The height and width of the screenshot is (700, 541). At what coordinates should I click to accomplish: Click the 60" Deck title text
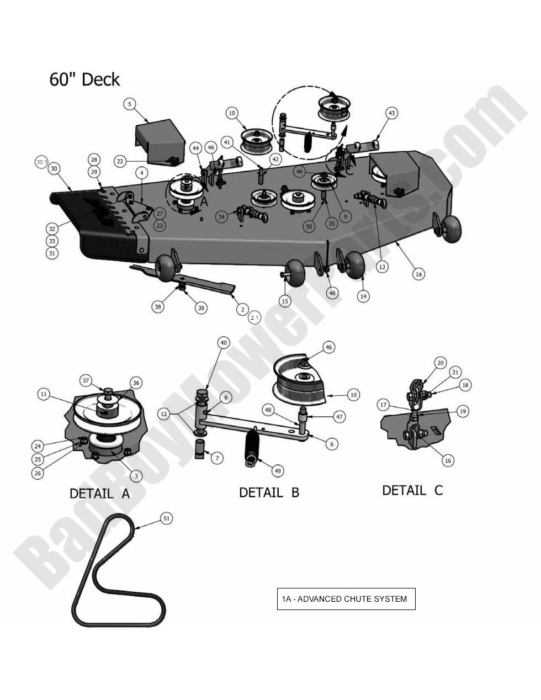(x=84, y=79)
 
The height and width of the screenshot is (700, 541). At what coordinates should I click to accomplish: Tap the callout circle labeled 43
(x=391, y=113)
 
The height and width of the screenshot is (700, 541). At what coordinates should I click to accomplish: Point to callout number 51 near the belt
(x=167, y=518)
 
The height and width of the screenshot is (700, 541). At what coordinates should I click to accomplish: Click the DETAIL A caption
(x=99, y=494)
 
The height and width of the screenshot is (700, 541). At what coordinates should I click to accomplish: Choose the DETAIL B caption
(x=269, y=492)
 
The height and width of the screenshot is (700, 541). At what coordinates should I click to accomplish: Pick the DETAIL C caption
(x=412, y=490)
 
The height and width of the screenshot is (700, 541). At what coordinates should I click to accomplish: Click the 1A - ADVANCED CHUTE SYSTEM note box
(x=346, y=599)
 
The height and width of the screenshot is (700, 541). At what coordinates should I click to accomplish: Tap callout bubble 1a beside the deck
(x=418, y=274)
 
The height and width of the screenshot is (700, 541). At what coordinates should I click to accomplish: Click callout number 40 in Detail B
(x=223, y=343)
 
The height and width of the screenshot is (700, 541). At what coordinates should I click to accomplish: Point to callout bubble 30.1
(x=42, y=162)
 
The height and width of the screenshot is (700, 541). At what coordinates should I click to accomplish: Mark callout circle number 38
(x=158, y=307)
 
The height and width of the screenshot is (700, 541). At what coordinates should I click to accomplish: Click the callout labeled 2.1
(x=254, y=318)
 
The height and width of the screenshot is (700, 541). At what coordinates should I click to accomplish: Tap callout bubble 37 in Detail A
(x=86, y=380)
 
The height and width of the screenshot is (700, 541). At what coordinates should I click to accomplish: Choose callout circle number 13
(x=382, y=267)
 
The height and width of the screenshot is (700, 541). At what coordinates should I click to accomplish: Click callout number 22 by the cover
(x=121, y=161)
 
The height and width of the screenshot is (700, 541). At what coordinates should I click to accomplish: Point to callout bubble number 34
(x=222, y=217)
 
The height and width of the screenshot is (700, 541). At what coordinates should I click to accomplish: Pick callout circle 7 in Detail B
(x=218, y=458)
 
